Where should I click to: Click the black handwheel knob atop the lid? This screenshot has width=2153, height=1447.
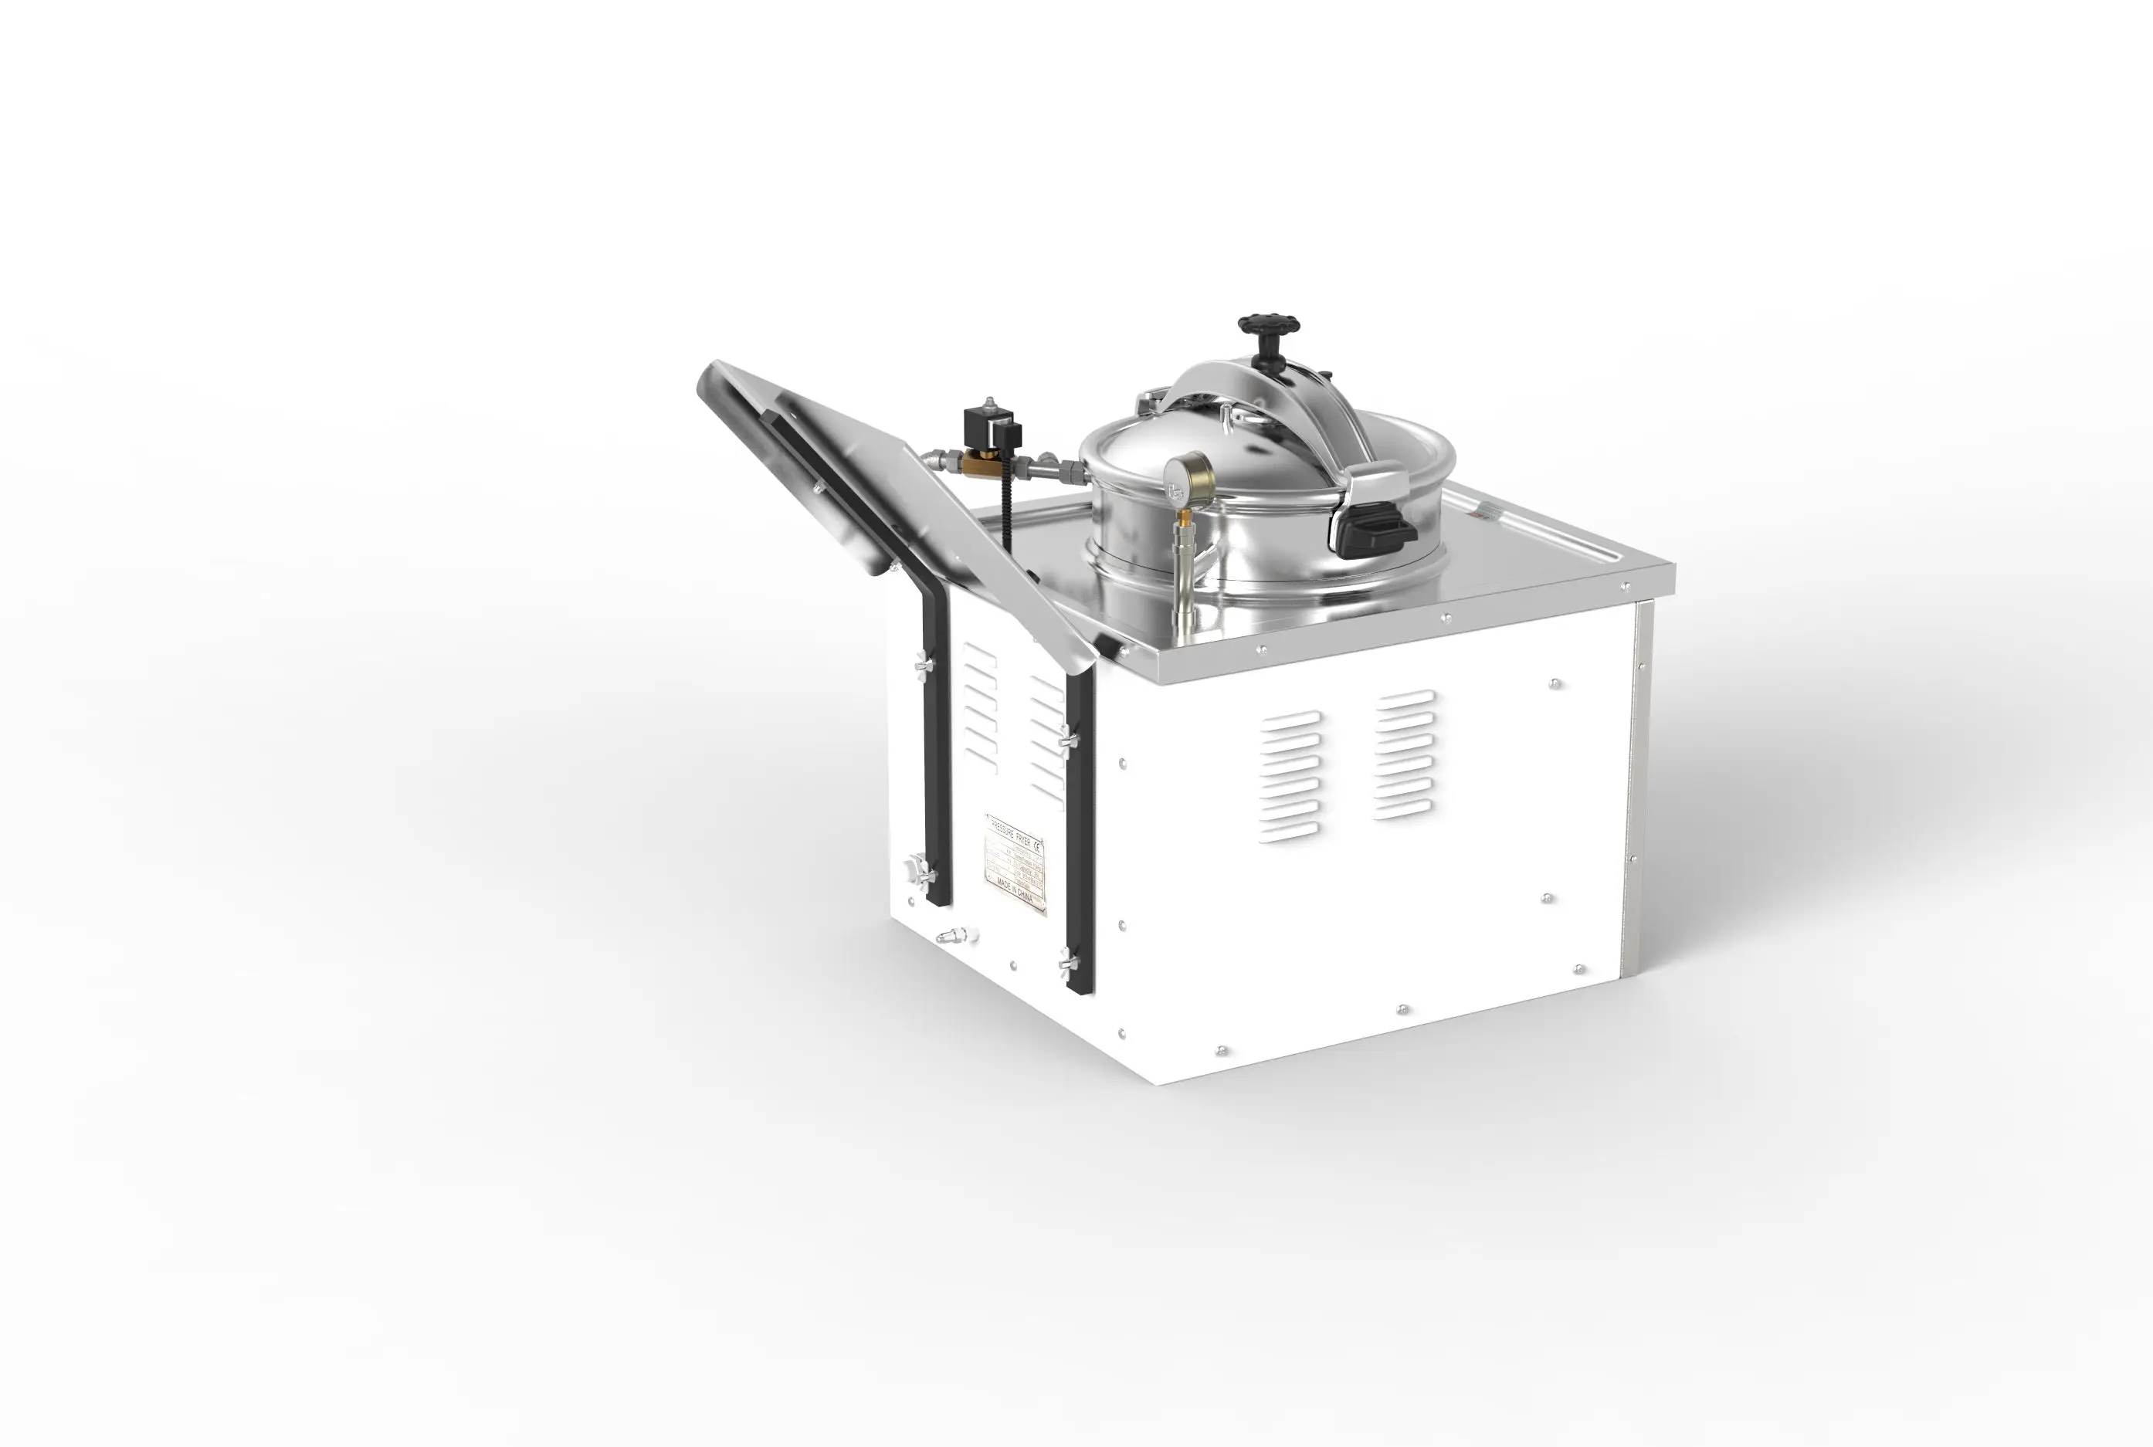click(1269, 326)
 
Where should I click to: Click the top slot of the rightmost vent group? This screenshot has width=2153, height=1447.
click(1405, 698)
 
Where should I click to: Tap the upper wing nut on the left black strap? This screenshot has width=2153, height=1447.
click(924, 663)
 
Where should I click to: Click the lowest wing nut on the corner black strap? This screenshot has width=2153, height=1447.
click(1069, 964)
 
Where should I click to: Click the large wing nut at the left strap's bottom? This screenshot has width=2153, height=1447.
click(918, 869)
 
